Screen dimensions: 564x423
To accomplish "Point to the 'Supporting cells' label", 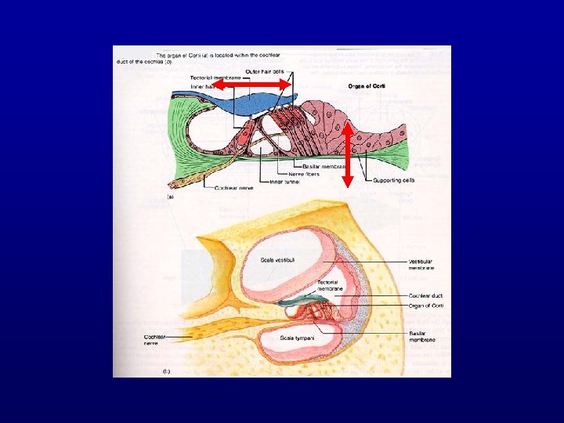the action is [x=393, y=179].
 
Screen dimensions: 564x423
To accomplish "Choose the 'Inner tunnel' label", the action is [x=285, y=182].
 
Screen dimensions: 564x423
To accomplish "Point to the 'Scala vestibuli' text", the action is [x=280, y=260].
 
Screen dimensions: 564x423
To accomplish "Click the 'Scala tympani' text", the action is [x=298, y=338].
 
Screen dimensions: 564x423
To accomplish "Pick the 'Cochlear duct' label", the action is [x=427, y=295].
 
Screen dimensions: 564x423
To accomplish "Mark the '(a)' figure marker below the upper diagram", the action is [x=169, y=199].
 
